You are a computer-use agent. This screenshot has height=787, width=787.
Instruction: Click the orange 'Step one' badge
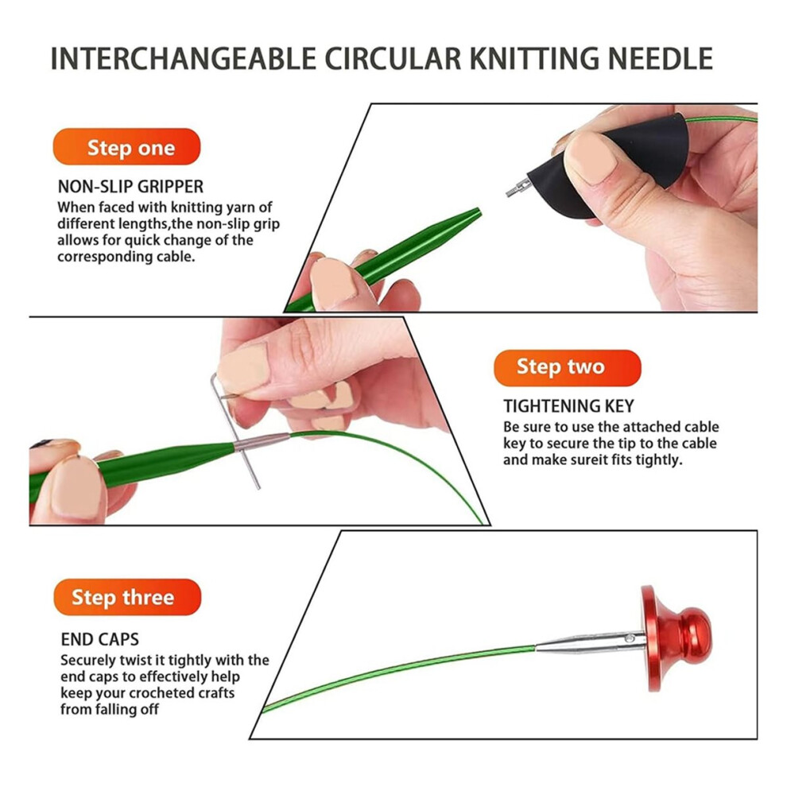pyautogui.click(x=126, y=146)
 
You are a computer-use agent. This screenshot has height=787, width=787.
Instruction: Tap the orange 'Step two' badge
pyautogui.click(x=567, y=368)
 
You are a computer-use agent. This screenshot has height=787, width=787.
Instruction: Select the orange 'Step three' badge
pyautogui.click(x=127, y=597)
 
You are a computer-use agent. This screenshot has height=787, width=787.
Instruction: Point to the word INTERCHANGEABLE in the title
pyautogui.click(x=183, y=59)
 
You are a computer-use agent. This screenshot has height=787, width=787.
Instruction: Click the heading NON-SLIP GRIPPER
pyautogui.click(x=130, y=187)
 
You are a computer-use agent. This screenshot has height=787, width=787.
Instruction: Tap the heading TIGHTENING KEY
pyautogui.click(x=568, y=406)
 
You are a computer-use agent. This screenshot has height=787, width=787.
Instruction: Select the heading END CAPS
pyautogui.click(x=99, y=639)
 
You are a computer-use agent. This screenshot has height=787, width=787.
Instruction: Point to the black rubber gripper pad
pyautogui.click(x=612, y=165)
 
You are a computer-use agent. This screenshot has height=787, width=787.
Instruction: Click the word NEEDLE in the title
pyautogui.click(x=661, y=59)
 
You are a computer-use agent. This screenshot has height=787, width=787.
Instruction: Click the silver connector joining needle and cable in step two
pyautogui.click(x=262, y=442)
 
